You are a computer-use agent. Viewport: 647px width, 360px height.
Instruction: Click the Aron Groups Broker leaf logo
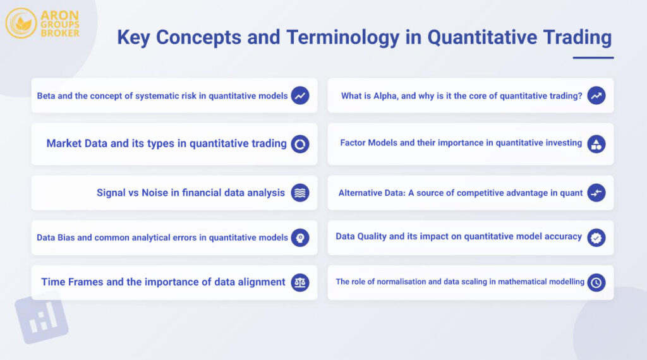(21, 23)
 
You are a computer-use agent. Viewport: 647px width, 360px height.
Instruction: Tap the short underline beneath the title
(593, 57)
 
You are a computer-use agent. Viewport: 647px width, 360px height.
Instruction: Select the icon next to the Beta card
(300, 96)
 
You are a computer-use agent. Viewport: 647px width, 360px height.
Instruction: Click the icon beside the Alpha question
(596, 96)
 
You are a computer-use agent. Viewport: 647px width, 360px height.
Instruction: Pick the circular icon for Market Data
(300, 144)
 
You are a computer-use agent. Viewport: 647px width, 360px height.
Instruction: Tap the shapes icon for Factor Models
(596, 144)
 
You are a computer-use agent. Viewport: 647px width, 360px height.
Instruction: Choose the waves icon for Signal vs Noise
(300, 193)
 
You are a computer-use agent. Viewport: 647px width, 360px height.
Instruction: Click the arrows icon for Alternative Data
(596, 193)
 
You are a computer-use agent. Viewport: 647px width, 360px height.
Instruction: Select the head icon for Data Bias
(300, 237)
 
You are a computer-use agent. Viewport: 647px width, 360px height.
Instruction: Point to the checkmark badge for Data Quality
(596, 237)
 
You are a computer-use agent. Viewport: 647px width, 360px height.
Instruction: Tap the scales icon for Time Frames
(300, 282)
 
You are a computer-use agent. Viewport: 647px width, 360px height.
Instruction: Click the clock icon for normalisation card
(596, 282)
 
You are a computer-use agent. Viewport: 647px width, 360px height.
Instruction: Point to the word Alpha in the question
(385, 96)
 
